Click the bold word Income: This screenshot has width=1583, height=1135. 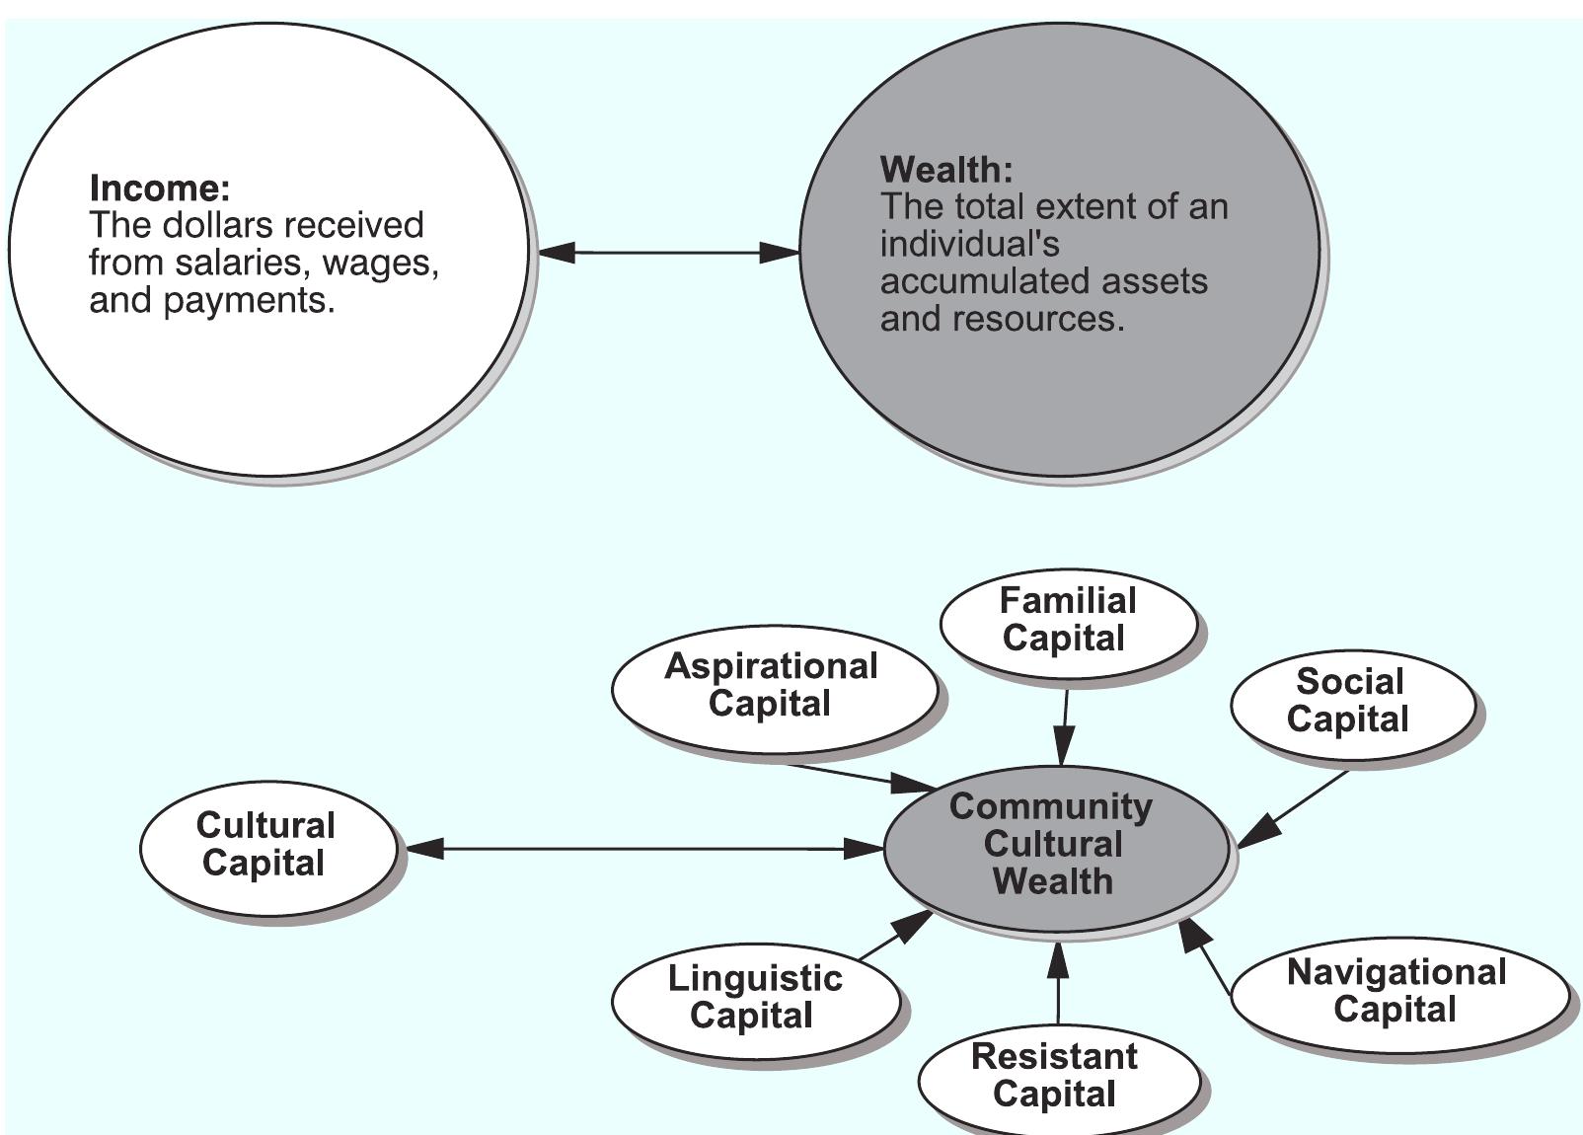(x=159, y=188)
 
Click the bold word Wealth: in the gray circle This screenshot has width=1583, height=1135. (x=945, y=170)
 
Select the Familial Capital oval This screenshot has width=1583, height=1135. (x=1068, y=621)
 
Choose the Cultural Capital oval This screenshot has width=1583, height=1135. (x=266, y=846)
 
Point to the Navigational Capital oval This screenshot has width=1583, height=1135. (x=1397, y=992)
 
